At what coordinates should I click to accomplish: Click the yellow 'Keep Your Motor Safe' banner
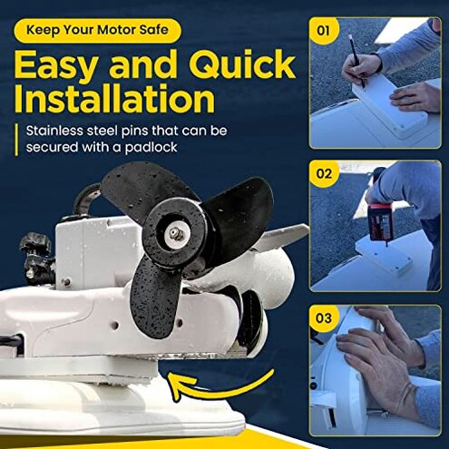[x=97, y=29]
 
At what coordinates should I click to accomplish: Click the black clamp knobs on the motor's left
[x=35, y=254]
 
